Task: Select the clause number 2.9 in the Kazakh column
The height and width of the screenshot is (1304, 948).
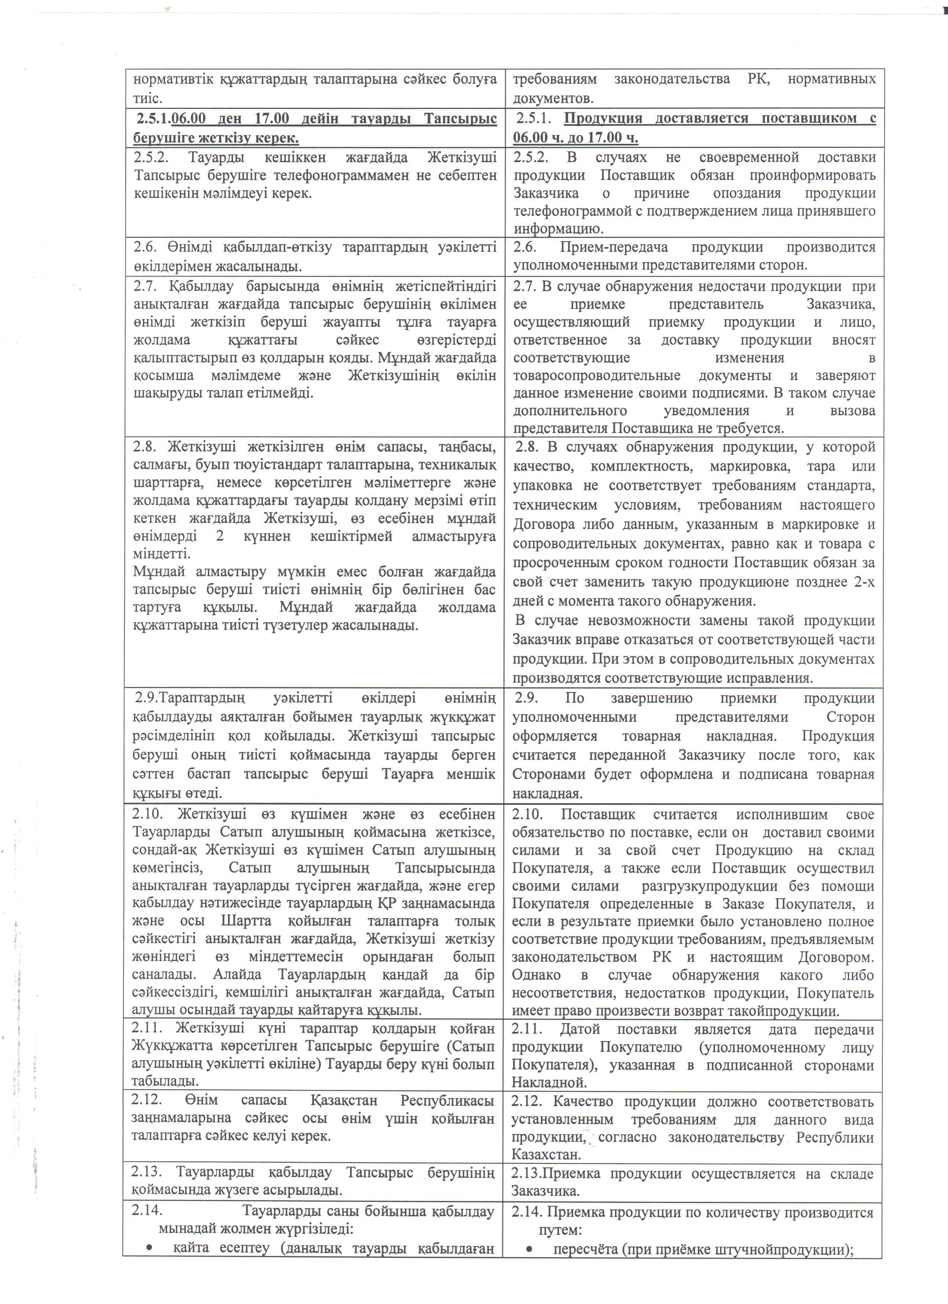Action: (x=146, y=698)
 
